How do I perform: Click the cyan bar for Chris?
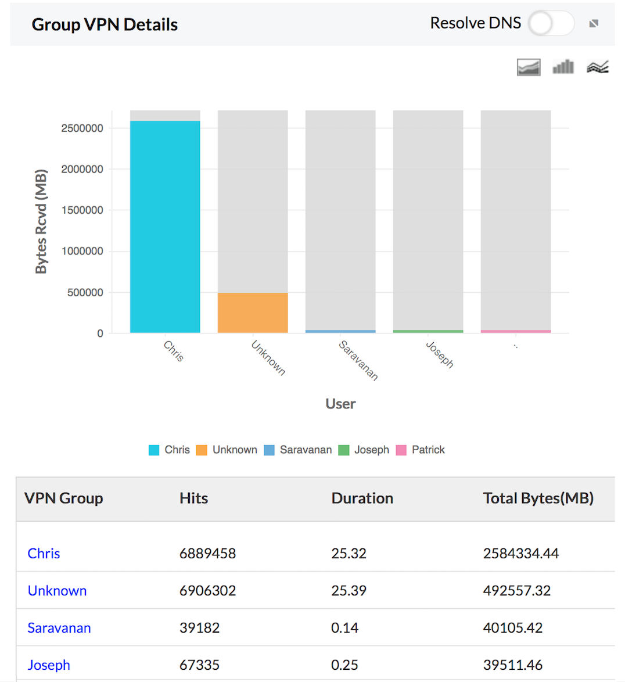click(x=165, y=227)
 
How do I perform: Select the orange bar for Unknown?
click(x=253, y=313)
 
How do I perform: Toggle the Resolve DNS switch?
click(x=551, y=24)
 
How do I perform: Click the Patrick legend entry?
click(x=421, y=450)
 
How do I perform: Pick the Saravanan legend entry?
click(x=298, y=450)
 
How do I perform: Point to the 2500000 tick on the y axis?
click(x=82, y=128)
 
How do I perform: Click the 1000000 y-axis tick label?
click(x=82, y=252)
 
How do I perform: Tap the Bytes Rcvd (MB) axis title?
click(x=41, y=221)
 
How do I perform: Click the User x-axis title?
click(x=340, y=404)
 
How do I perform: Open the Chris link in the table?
click(x=44, y=554)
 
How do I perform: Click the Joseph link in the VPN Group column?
click(x=49, y=665)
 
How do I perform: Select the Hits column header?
click(x=193, y=498)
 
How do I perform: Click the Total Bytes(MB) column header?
click(x=538, y=498)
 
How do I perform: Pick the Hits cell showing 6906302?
click(x=207, y=591)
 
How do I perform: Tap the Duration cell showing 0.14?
click(x=344, y=628)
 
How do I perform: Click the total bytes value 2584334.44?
click(x=520, y=554)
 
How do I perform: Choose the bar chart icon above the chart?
click(x=563, y=67)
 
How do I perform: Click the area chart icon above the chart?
click(x=529, y=67)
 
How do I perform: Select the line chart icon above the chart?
click(x=597, y=67)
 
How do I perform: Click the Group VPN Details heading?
click(x=105, y=24)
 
